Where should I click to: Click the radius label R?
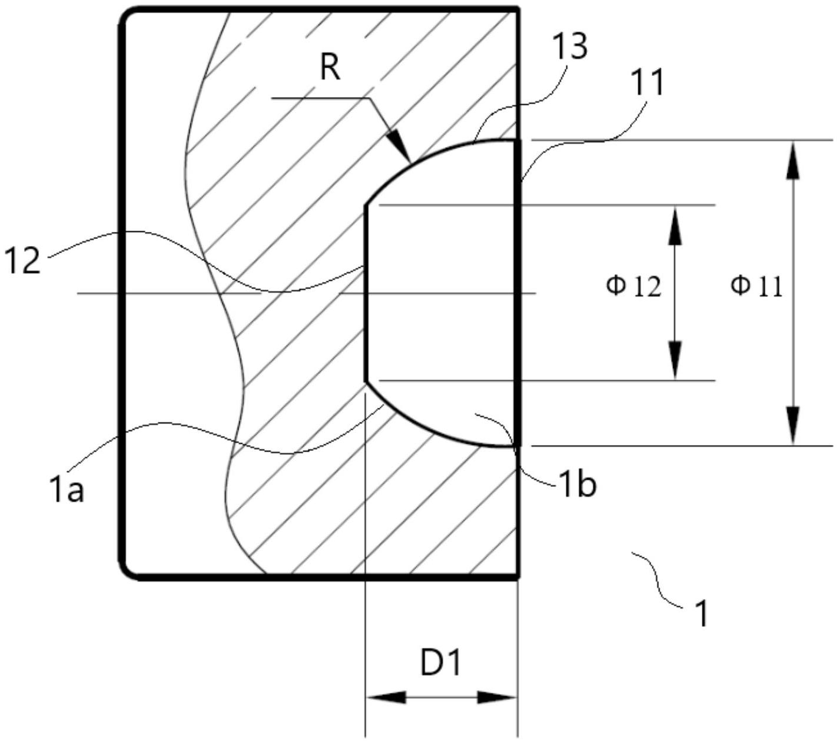(x=330, y=68)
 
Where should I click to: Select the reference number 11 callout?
(x=646, y=82)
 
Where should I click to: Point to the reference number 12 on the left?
(x=22, y=260)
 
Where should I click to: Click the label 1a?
(x=67, y=489)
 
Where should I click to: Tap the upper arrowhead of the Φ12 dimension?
(x=675, y=226)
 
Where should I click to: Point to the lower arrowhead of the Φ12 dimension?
(x=675, y=360)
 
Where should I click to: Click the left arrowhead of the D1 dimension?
(x=386, y=697)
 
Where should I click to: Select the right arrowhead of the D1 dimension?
(x=498, y=697)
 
